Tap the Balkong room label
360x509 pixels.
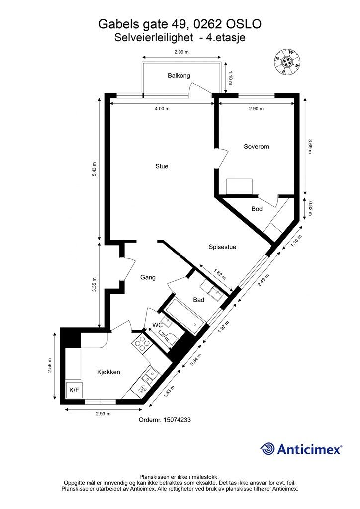coord(179,76)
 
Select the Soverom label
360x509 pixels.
coord(256,147)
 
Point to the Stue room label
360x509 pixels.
coord(162,166)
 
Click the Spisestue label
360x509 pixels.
coord(222,247)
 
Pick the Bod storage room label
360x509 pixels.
coord(257,209)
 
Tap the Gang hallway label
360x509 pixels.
coord(148,277)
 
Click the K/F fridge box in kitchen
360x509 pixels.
coord(74,390)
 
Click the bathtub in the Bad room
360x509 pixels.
coord(184,317)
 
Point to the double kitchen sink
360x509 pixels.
coord(150,376)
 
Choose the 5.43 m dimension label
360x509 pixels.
coord(94,169)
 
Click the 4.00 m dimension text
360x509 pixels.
coord(162,109)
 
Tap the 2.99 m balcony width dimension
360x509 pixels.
coord(181,52)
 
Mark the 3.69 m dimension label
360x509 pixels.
coord(310,147)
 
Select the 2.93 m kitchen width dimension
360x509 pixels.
coord(103,414)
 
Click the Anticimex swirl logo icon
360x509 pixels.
coord(267,449)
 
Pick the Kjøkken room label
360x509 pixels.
coord(109,372)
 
